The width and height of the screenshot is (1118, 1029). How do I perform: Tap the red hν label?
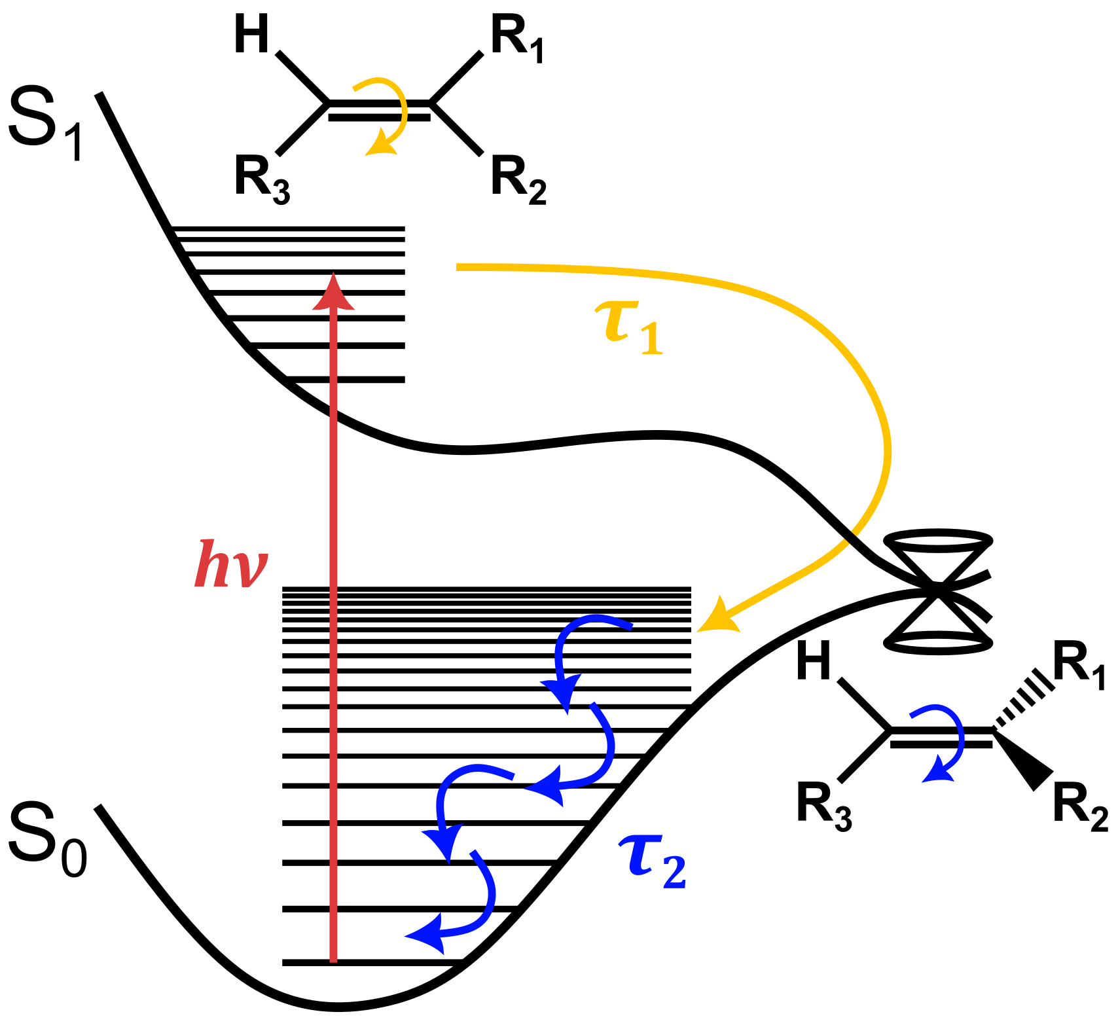coord(230,564)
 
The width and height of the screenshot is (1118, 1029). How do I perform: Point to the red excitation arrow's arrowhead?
coord(333,293)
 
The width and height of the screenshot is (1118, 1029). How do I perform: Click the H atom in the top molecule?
coord(252,36)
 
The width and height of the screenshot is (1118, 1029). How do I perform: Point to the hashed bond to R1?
coord(1025,704)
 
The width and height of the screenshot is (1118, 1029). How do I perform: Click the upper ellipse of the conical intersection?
coord(937,541)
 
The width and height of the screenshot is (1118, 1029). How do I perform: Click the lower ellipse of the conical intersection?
coord(937,643)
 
